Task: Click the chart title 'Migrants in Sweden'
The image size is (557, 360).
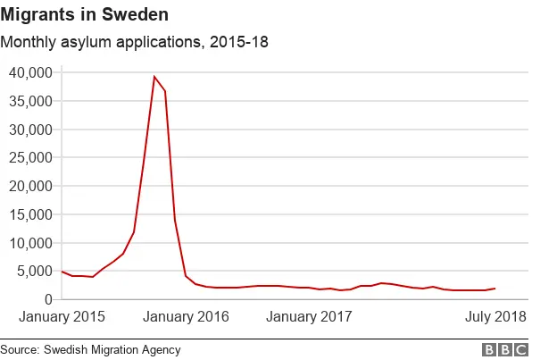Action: coord(84,15)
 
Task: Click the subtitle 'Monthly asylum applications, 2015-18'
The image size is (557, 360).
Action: coord(134,42)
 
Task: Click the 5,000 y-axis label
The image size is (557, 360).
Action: coord(35,272)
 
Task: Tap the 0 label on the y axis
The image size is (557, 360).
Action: coord(48,300)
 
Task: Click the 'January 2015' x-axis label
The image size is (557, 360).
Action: coord(62,317)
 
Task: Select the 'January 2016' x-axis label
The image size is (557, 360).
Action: coord(187,317)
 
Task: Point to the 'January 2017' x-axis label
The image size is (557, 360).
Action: coord(310,317)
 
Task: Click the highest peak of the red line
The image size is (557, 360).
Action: coord(154,77)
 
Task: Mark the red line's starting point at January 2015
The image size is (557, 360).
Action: coord(62,272)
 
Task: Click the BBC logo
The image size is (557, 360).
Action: coord(504,349)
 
